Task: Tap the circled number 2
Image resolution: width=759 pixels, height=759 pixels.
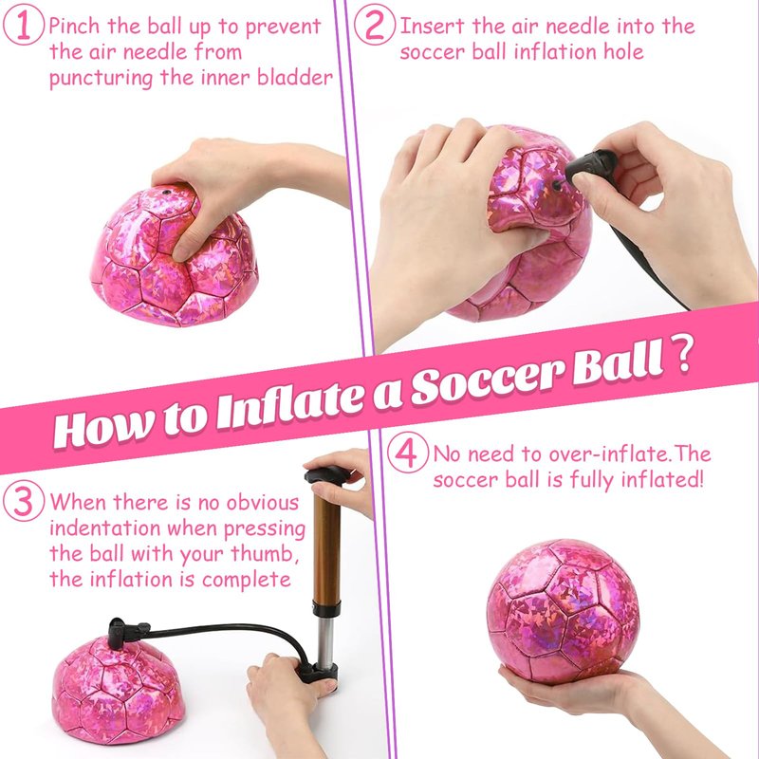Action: pyautogui.click(x=374, y=26)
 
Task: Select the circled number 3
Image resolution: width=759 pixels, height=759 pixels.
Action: pyautogui.click(x=23, y=502)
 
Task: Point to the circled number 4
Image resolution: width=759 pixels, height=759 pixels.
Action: pyautogui.click(x=408, y=454)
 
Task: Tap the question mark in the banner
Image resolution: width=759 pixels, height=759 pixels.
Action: pyautogui.click(x=682, y=354)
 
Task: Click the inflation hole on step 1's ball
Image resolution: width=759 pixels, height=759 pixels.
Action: pyautogui.click(x=167, y=193)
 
